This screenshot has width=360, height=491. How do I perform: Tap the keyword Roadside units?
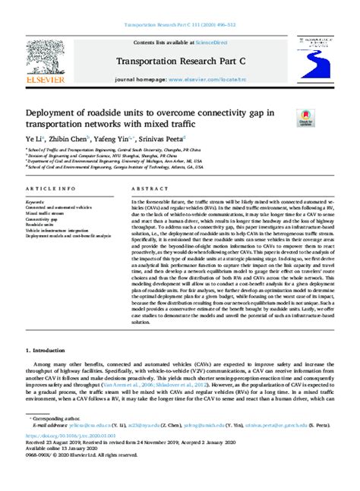tap(40, 225)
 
